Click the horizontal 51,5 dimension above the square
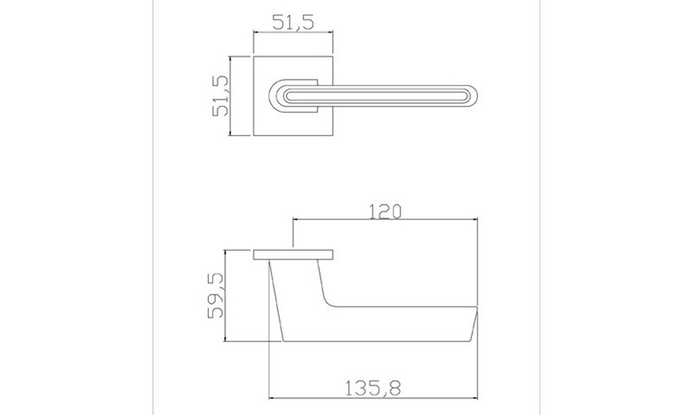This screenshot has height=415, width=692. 293,22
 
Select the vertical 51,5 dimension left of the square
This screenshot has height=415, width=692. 221,95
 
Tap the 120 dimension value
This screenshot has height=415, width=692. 385,212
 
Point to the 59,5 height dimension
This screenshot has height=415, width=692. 215,295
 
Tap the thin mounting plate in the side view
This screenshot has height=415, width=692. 293,255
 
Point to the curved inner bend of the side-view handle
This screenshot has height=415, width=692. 328,300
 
